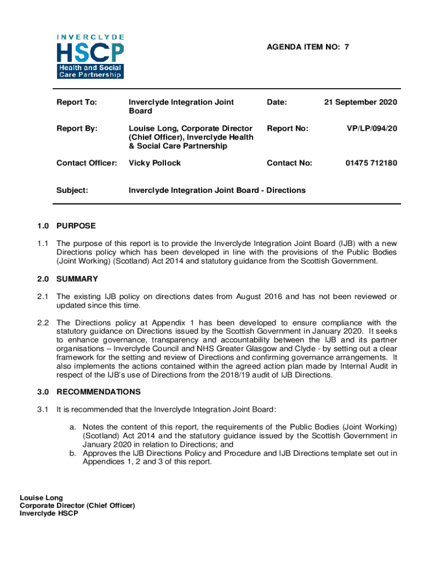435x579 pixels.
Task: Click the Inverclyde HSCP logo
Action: coord(90,57)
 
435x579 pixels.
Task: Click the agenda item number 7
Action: coord(346,47)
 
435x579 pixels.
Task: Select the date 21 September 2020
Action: coord(360,102)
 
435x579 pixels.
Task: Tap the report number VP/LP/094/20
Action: coord(372,129)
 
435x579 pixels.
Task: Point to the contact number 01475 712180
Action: coord(371,163)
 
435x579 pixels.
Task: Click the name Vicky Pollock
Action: coord(155,163)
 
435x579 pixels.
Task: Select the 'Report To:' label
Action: coord(77,102)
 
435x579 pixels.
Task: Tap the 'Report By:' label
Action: coord(77,129)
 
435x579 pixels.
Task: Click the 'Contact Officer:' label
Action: coord(87,163)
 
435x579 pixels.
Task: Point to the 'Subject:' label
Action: coord(72,191)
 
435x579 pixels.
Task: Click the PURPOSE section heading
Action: coord(76,226)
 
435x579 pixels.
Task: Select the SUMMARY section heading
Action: coord(77,279)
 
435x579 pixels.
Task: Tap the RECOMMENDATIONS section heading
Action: coord(99,392)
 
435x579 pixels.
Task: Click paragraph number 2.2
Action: coord(43,323)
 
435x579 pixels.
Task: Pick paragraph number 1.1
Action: coord(43,244)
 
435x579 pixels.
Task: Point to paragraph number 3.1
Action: coord(43,409)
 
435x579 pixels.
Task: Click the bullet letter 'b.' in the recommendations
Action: coord(73,453)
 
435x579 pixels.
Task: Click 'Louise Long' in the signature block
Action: coord(41,498)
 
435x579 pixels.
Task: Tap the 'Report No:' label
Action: coord(288,129)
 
